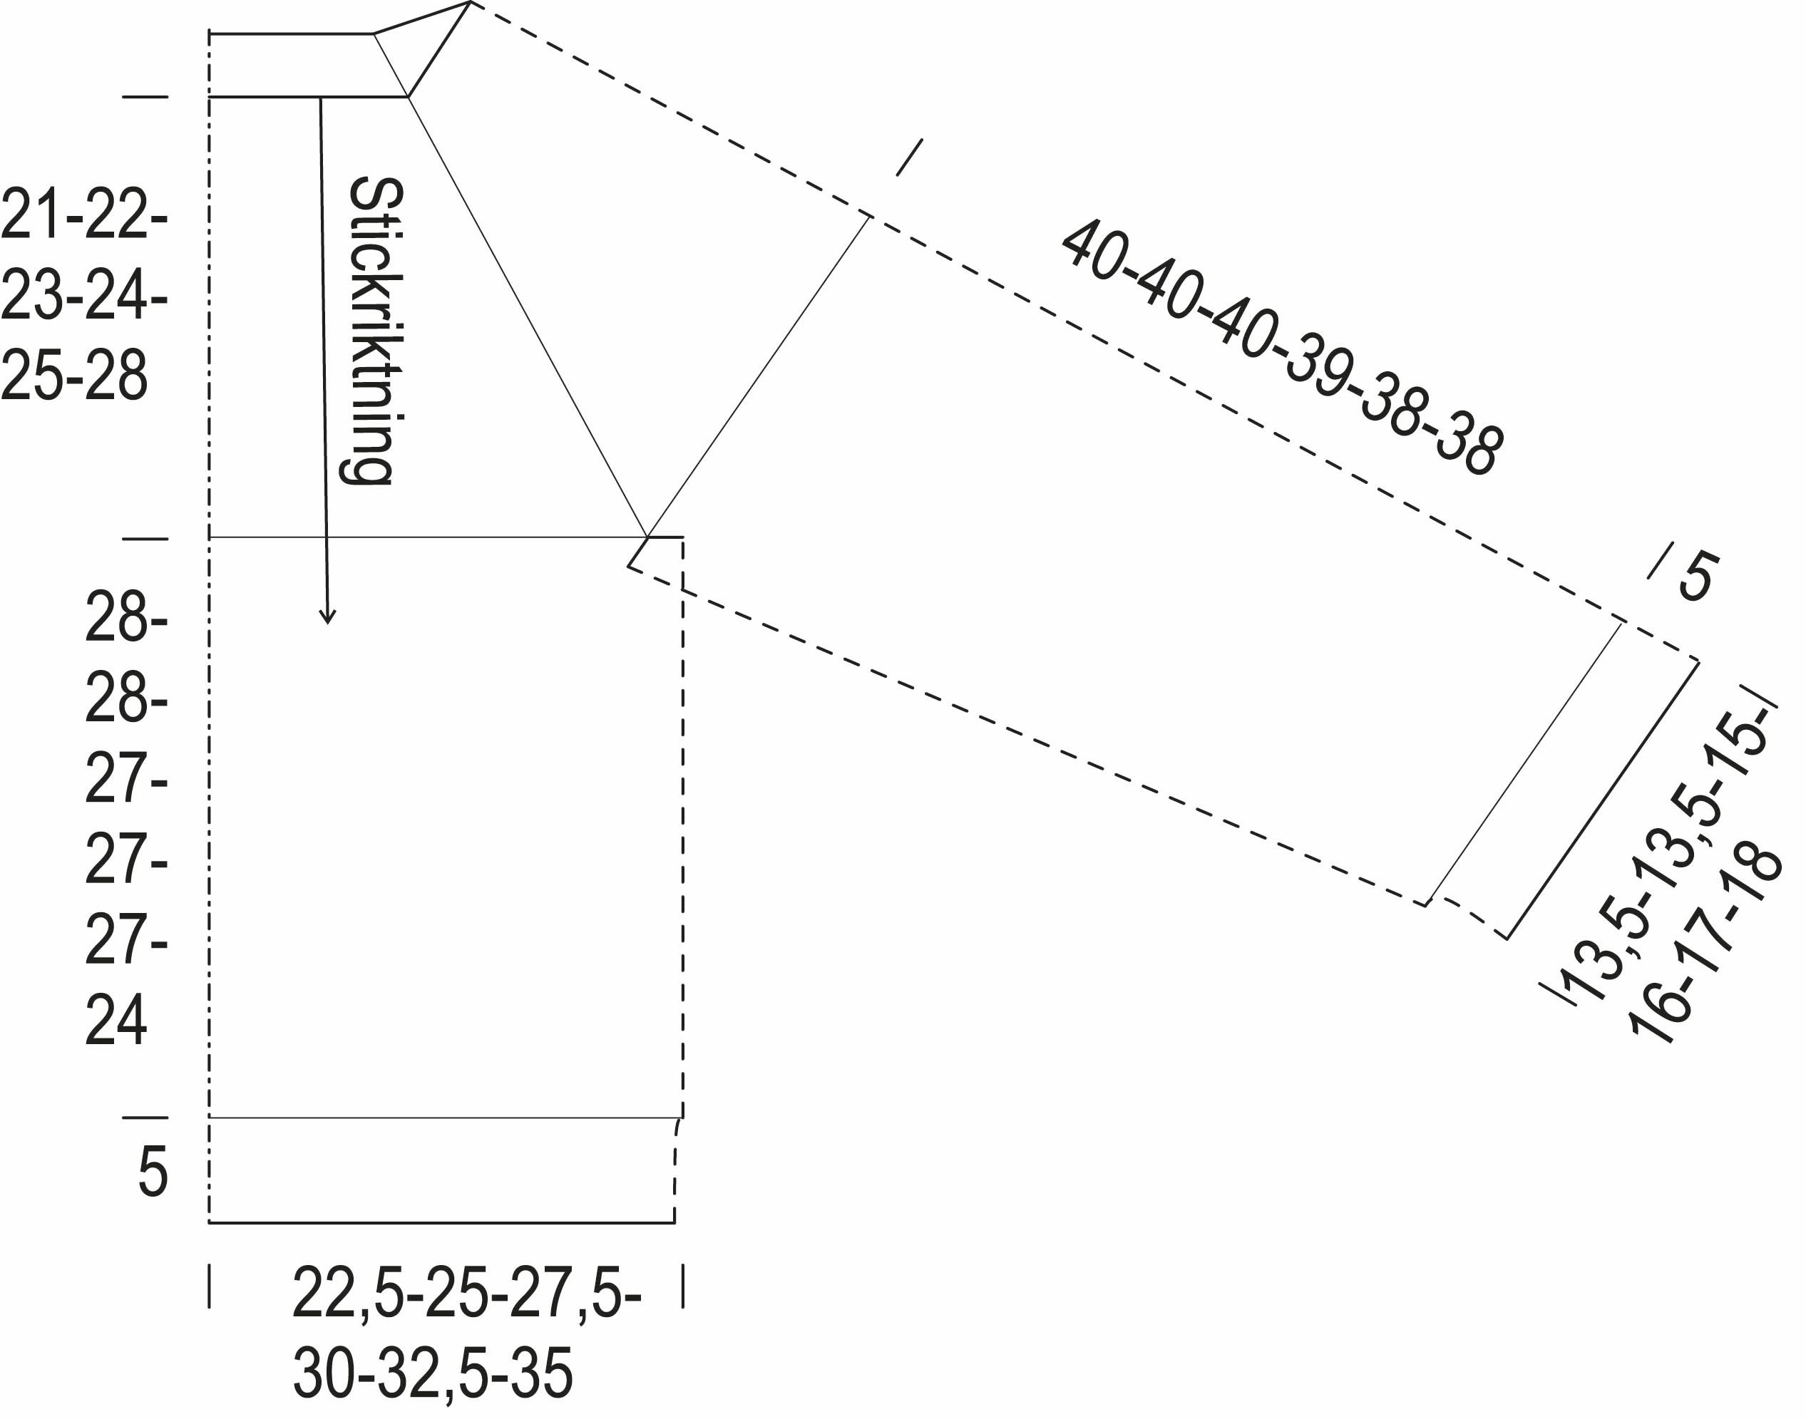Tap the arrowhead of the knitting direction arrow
pyautogui.click(x=327, y=617)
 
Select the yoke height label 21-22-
pyautogui.click(x=84, y=215)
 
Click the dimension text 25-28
pyautogui.click(x=74, y=376)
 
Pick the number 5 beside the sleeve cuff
pyautogui.click(x=1696, y=577)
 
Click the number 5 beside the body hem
pyautogui.click(x=152, y=1172)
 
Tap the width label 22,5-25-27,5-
pyautogui.click(x=466, y=1293)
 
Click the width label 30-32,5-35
pyautogui.click(x=433, y=1373)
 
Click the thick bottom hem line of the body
pyautogui.click(x=441, y=1223)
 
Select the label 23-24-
pyautogui.click(x=84, y=295)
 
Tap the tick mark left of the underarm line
pyautogui.click(x=145, y=538)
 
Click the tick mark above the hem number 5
pyautogui.click(x=145, y=1118)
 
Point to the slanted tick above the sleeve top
pyautogui.click(x=909, y=157)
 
